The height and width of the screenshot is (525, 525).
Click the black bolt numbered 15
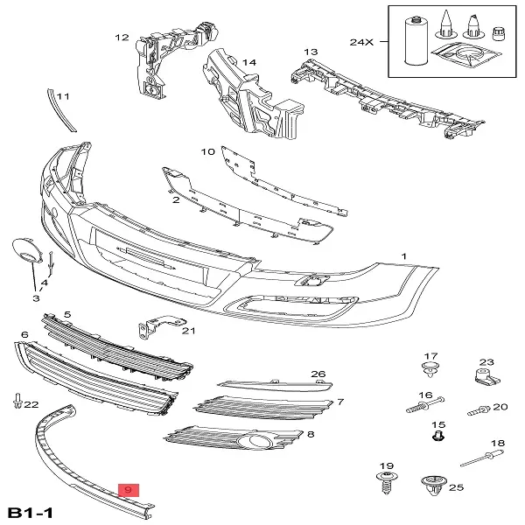[439, 436]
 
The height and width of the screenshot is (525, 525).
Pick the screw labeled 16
[422, 407]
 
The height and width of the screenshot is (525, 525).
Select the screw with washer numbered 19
[385, 481]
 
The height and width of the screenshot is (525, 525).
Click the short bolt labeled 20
[478, 409]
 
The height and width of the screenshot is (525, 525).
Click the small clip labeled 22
[17, 402]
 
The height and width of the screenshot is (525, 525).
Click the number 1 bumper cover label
[403, 258]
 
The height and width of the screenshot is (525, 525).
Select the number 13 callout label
[311, 52]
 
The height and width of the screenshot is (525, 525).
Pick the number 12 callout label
[122, 38]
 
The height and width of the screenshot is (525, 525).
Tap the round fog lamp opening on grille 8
[264, 442]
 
